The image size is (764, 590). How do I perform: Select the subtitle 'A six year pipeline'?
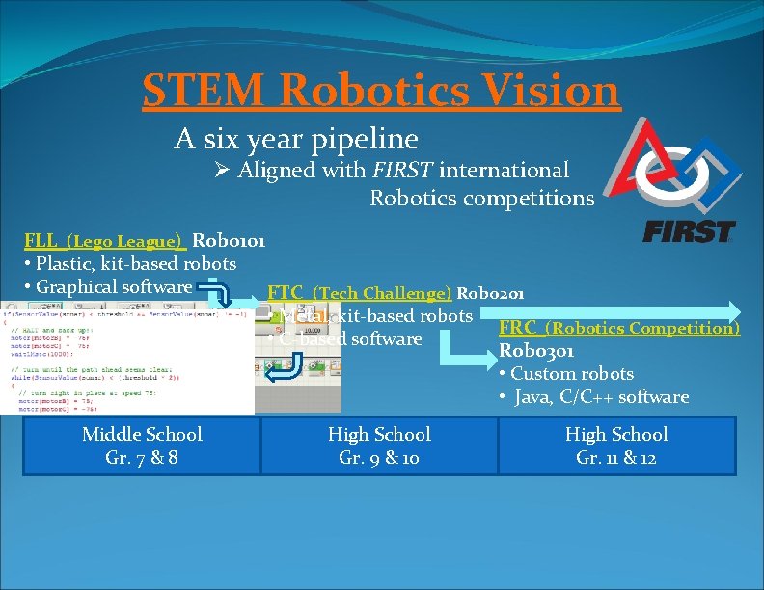pyautogui.click(x=296, y=140)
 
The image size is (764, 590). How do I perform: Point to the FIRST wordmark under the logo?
pyautogui.click(x=688, y=232)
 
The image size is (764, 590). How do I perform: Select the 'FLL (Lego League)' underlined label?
pyautogui.click(x=105, y=241)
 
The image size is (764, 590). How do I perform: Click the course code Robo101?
pyautogui.click(x=230, y=241)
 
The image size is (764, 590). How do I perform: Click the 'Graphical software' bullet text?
pyautogui.click(x=113, y=286)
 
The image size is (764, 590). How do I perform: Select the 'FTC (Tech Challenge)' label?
pyautogui.click(x=359, y=293)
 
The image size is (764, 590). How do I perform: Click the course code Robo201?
pyautogui.click(x=490, y=293)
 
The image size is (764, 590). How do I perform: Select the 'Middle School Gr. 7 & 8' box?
pyautogui.click(x=142, y=445)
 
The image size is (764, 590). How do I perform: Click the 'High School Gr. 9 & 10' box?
pyautogui.click(x=379, y=445)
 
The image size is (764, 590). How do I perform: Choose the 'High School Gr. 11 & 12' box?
pyautogui.click(x=616, y=445)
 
